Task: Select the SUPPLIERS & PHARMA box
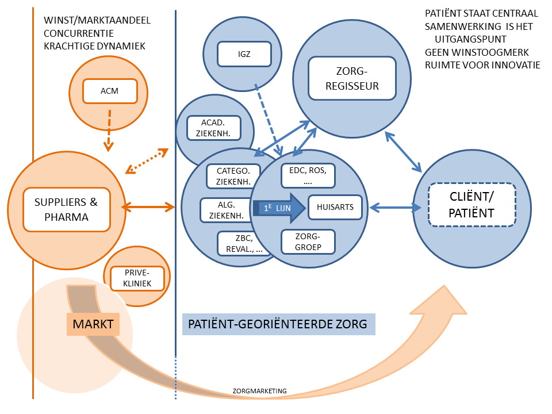(66, 209)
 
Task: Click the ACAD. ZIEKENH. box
(212, 127)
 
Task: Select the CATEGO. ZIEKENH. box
(233, 177)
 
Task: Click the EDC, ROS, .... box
(308, 175)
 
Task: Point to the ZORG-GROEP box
(308, 241)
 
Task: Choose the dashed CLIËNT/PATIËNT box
(472, 205)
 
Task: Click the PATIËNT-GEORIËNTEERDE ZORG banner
(279, 324)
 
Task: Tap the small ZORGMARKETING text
(259, 391)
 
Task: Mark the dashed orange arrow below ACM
(109, 129)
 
